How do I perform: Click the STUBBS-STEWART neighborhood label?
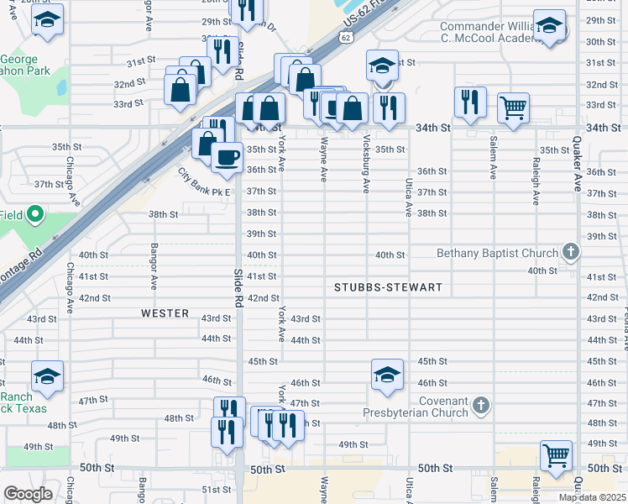click(x=388, y=287)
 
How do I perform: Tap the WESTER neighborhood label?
click(x=165, y=313)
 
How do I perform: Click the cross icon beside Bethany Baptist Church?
click(x=570, y=252)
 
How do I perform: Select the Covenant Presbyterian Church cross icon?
click(x=481, y=406)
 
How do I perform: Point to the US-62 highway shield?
click(x=346, y=38)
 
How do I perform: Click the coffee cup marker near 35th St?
click(x=226, y=157)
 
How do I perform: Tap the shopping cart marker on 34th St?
click(x=513, y=107)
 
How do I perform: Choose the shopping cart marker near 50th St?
click(x=556, y=455)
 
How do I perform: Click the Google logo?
click(x=28, y=494)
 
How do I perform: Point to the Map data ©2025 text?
click(x=592, y=497)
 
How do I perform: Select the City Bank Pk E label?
click(x=203, y=180)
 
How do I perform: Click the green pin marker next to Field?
click(x=34, y=215)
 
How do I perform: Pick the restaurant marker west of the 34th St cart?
click(x=470, y=102)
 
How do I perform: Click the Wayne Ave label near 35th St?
click(x=323, y=161)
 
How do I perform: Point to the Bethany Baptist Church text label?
click(x=497, y=254)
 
